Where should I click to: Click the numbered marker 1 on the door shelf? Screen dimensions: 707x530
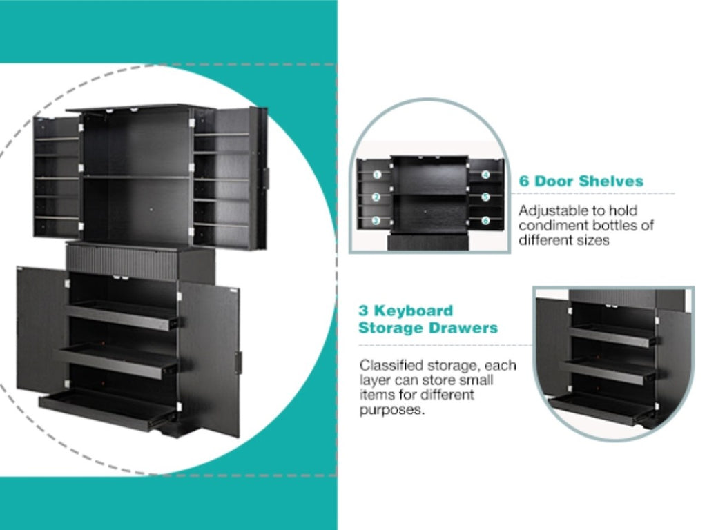378,175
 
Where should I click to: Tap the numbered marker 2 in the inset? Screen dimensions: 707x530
376,197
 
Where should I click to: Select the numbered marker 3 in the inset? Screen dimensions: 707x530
376,220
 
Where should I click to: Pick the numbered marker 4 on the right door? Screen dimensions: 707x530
485,175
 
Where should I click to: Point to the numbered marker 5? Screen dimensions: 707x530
485,197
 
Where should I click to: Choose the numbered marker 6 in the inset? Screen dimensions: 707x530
485,220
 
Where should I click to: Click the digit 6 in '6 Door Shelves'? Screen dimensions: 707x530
524,181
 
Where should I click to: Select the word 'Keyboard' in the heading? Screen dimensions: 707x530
414,311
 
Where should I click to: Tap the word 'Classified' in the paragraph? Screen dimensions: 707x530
391,365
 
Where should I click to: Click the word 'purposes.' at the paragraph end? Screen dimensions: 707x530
392,411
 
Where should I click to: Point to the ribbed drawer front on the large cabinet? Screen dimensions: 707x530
123,260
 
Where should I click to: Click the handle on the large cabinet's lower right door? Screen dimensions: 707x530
238,360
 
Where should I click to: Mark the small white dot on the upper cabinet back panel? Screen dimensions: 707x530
151,210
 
